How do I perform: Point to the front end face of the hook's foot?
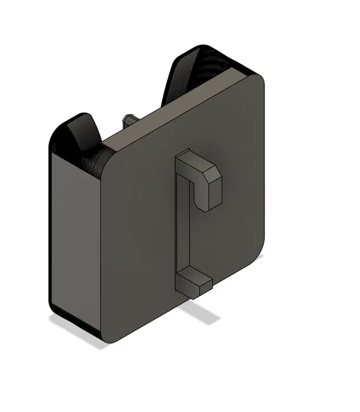(206, 285)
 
